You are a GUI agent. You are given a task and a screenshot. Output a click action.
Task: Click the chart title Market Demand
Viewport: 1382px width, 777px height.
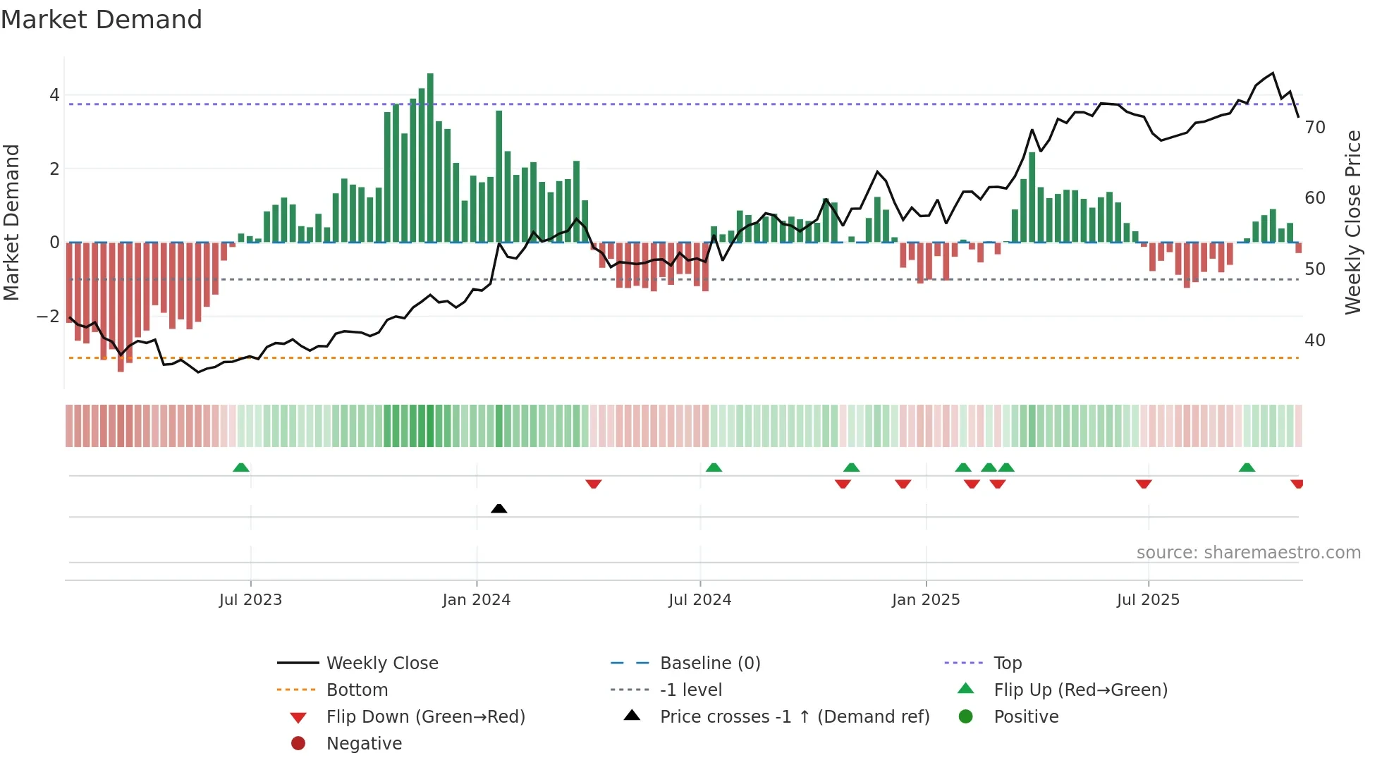[x=102, y=20]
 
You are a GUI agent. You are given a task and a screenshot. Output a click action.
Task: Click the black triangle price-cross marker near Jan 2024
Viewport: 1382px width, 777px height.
[x=499, y=508]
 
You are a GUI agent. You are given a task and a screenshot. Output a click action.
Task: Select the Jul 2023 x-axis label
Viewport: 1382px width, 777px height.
[x=250, y=600]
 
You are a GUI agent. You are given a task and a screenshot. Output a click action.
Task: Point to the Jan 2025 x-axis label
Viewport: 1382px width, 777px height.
[x=926, y=600]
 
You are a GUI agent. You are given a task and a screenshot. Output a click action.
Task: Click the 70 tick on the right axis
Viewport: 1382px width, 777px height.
[x=1315, y=128]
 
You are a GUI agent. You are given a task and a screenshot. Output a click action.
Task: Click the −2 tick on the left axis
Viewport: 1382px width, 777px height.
[x=49, y=316]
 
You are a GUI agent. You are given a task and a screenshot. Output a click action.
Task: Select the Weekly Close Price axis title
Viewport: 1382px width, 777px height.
[x=1352, y=222]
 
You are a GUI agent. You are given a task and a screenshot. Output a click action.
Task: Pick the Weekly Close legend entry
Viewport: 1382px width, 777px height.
[x=381, y=663]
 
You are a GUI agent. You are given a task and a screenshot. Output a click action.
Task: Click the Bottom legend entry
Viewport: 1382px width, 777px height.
[x=357, y=690]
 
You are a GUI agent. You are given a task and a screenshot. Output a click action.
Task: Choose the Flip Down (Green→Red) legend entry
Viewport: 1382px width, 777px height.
[x=425, y=717]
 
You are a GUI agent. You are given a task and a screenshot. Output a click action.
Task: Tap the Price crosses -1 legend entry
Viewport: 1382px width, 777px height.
[x=794, y=717]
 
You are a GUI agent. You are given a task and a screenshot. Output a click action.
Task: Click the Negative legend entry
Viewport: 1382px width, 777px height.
[x=364, y=744]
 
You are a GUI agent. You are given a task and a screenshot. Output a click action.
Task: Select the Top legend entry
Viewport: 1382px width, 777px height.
[x=1008, y=663]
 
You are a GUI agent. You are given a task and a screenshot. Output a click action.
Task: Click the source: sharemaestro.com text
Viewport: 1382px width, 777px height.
[x=1248, y=553]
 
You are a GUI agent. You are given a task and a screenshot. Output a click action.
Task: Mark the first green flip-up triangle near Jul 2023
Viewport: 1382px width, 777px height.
[x=241, y=467]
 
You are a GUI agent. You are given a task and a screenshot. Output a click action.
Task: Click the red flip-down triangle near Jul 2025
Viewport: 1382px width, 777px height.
[x=1144, y=484]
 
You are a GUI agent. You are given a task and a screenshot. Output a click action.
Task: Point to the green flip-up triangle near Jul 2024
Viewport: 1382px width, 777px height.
[x=714, y=467]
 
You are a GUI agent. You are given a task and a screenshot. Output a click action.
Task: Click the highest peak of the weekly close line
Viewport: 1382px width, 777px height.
[x=1273, y=73]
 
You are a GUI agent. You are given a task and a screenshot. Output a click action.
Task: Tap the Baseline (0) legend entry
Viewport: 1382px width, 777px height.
[x=709, y=663]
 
